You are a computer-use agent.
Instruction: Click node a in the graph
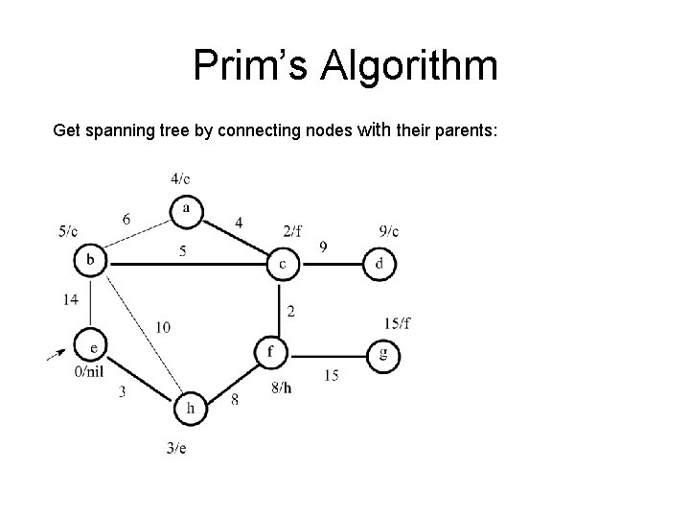[186, 209]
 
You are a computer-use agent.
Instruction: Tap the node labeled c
[282, 263]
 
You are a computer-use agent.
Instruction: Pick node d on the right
[379, 263]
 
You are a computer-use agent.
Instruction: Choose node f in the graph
[270, 352]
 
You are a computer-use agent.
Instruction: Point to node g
[383, 354]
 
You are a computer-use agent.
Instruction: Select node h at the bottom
[190, 408]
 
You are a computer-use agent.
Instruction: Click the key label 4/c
[180, 178]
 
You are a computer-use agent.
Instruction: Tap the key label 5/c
[68, 231]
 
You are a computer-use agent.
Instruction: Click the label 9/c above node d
[389, 230]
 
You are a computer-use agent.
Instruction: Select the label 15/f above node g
[397, 321]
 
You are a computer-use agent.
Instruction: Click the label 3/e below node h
[176, 448]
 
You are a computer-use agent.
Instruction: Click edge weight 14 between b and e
[71, 300]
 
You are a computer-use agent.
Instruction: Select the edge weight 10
[163, 328]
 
